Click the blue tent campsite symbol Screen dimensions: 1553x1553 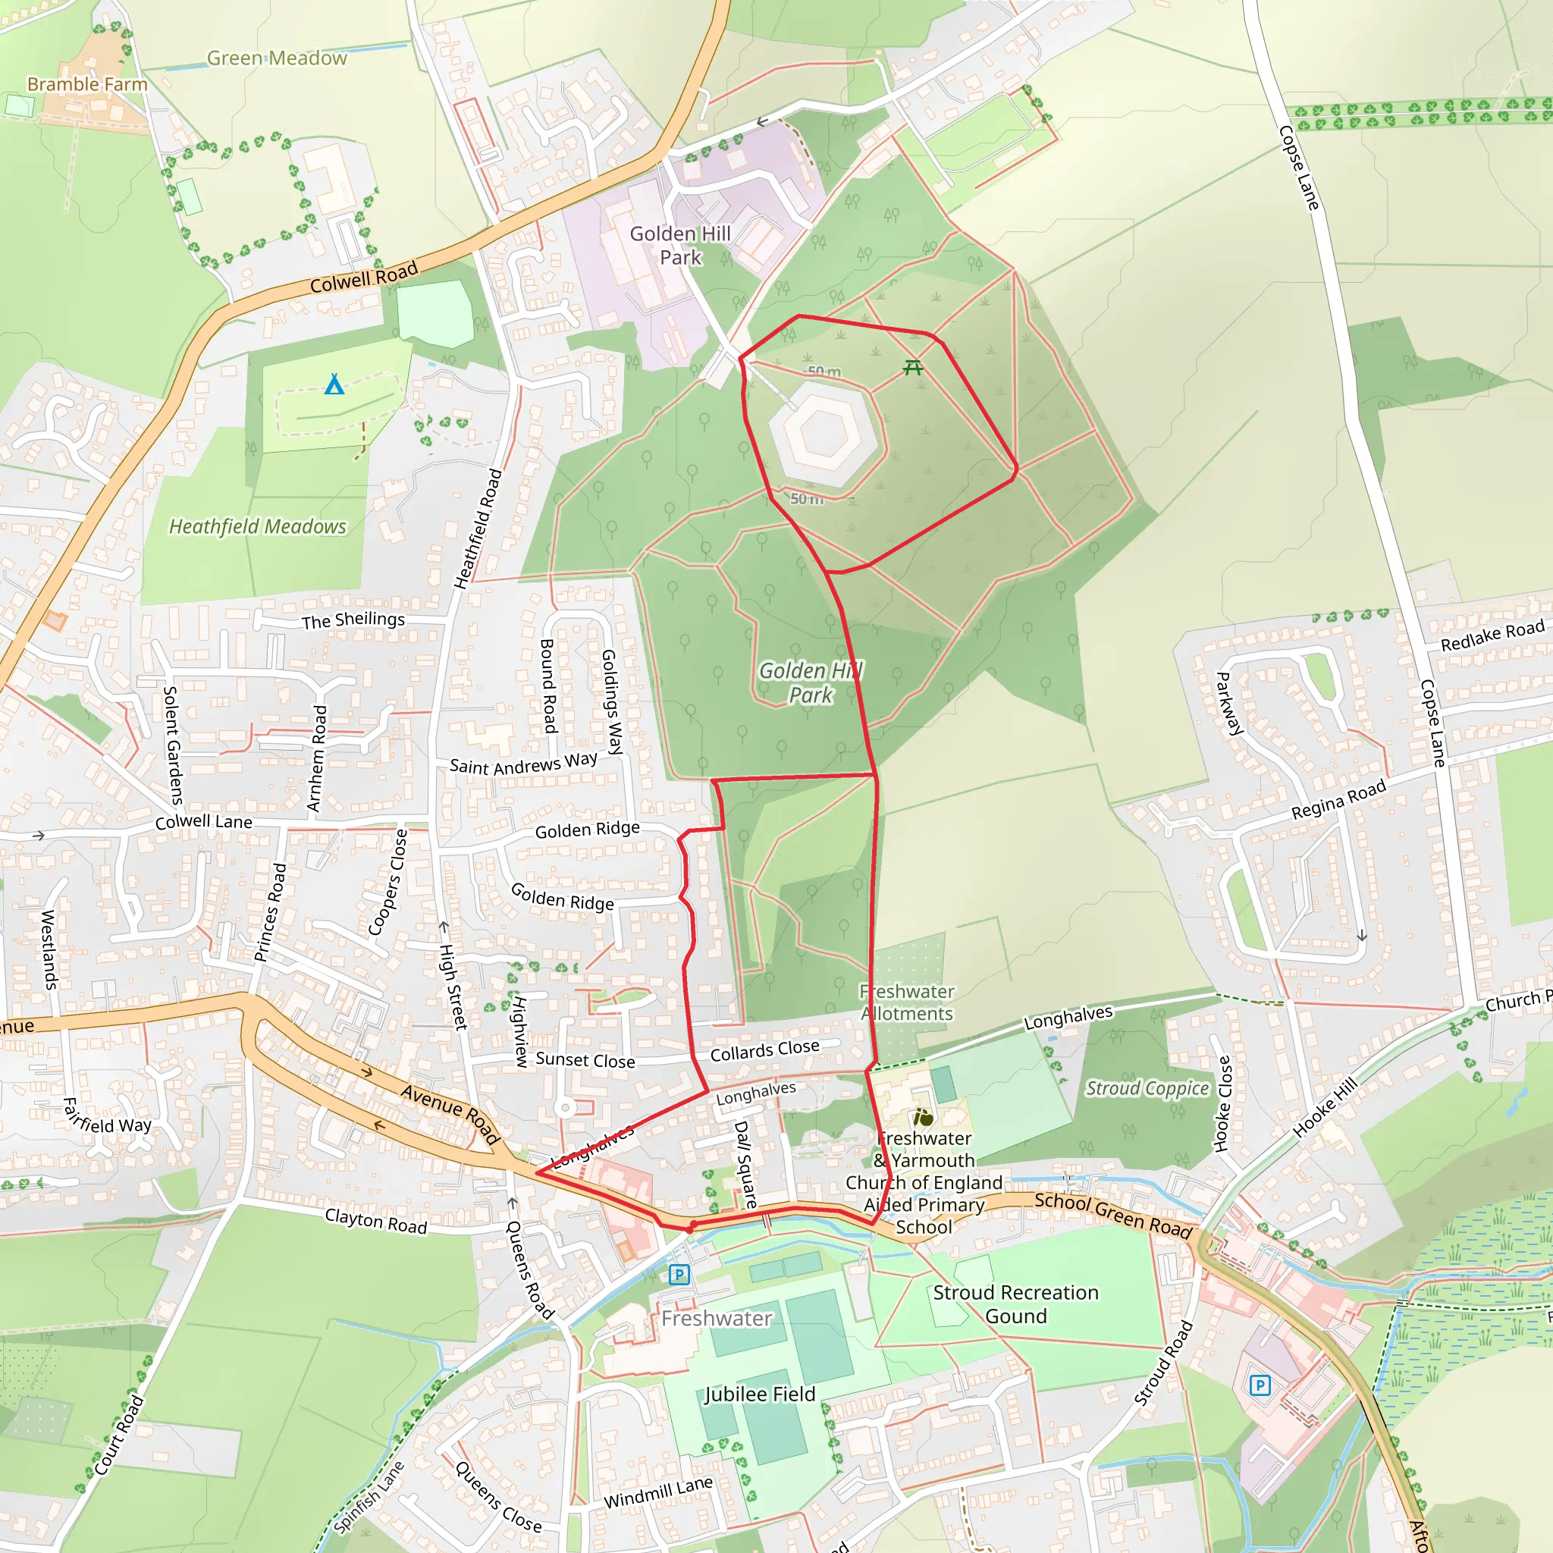click(334, 384)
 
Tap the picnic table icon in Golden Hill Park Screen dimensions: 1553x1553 click(912, 367)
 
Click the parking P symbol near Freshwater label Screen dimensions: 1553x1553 click(679, 1274)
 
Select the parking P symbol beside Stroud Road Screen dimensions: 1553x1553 click(1260, 1385)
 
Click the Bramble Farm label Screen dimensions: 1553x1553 click(86, 84)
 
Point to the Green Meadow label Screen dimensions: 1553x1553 click(277, 58)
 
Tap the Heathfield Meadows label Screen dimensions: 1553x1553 click(257, 526)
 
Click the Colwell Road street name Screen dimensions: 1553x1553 click(363, 278)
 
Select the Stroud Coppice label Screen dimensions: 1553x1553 click(1147, 1088)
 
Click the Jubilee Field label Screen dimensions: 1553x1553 click(760, 1395)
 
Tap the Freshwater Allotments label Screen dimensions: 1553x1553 click(907, 1002)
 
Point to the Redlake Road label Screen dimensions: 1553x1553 click(1492, 635)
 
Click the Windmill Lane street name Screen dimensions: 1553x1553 click(657, 1492)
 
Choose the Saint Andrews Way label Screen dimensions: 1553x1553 click(522, 763)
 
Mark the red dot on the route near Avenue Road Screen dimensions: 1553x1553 click(690, 1228)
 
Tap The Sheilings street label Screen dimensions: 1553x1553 click(353, 620)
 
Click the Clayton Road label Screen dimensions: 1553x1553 click(375, 1221)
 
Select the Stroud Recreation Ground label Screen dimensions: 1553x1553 click(1015, 1304)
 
